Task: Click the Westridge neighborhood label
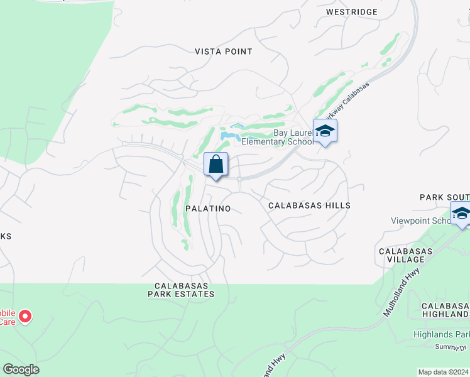click(x=352, y=12)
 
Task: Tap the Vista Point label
click(x=223, y=52)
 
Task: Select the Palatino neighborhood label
click(x=208, y=208)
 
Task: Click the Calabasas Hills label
click(x=309, y=205)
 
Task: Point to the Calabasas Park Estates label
click(x=181, y=289)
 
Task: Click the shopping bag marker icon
click(x=216, y=165)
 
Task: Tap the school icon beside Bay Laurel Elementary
click(x=325, y=131)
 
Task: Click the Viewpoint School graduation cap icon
click(x=461, y=214)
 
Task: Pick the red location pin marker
click(x=25, y=316)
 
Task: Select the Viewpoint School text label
click(x=420, y=221)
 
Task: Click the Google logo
click(x=21, y=369)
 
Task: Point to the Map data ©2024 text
click(x=443, y=372)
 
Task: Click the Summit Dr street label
click(x=451, y=347)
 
